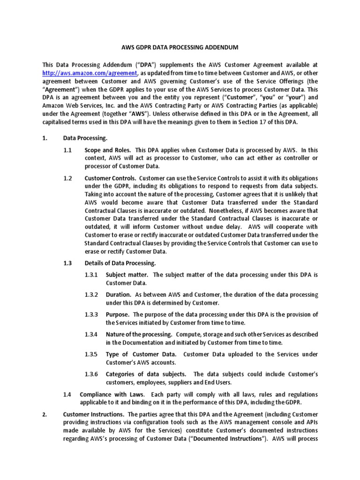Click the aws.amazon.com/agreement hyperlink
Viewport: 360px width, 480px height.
tap(90, 73)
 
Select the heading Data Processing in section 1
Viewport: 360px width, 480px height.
tap(85, 138)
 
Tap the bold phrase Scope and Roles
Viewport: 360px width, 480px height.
tap(107, 150)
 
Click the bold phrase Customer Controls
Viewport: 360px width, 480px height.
tap(110, 179)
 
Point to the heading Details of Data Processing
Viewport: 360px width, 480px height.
tap(120, 263)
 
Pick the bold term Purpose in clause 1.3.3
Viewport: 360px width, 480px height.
tap(117, 315)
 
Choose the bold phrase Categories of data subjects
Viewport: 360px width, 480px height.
tap(146, 374)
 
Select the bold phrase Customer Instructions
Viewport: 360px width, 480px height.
tap(93, 414)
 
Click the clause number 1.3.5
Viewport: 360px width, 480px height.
tap(91, 354)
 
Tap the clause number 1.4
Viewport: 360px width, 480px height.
tap(67, 395)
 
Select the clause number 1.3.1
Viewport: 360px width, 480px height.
tap(91, 275)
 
